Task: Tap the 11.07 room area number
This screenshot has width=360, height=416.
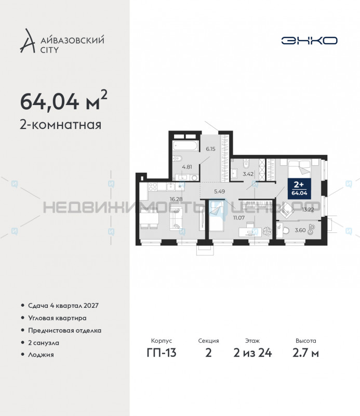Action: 239,217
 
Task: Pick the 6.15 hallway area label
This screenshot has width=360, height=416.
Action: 210,149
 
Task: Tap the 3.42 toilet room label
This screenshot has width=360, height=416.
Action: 248,174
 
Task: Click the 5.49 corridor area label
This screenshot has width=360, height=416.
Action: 220,191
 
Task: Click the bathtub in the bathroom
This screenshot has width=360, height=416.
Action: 186,145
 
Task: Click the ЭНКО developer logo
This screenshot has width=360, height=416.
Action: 310,40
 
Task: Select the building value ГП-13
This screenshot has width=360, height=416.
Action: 161,353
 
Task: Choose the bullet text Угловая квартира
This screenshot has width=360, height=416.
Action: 57,318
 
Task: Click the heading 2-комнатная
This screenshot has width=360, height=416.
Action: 60,125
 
